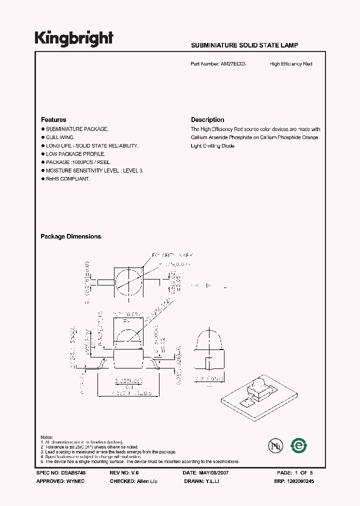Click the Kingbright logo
click(73, 38)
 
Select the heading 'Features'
click(53, 120)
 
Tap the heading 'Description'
click(207, 120)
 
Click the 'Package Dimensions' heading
click(70, 236)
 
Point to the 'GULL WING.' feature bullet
click(60, 137)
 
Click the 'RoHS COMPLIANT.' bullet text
click(67, 179)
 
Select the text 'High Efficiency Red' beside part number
click(290, 64)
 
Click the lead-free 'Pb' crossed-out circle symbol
click(274, 444)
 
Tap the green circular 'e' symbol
click(299, 444)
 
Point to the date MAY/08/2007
click(213, 472)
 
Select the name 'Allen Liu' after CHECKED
click(145, 481)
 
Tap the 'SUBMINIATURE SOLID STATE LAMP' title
click(244, 45)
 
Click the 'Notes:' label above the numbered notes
click(46, 437)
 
